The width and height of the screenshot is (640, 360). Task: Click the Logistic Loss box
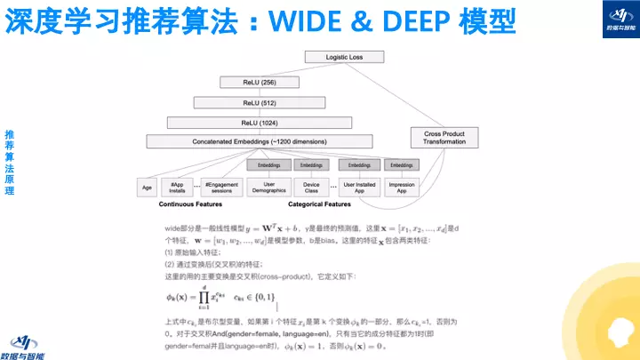tap(344, 57)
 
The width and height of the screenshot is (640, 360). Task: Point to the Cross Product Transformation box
tap(444, 138)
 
